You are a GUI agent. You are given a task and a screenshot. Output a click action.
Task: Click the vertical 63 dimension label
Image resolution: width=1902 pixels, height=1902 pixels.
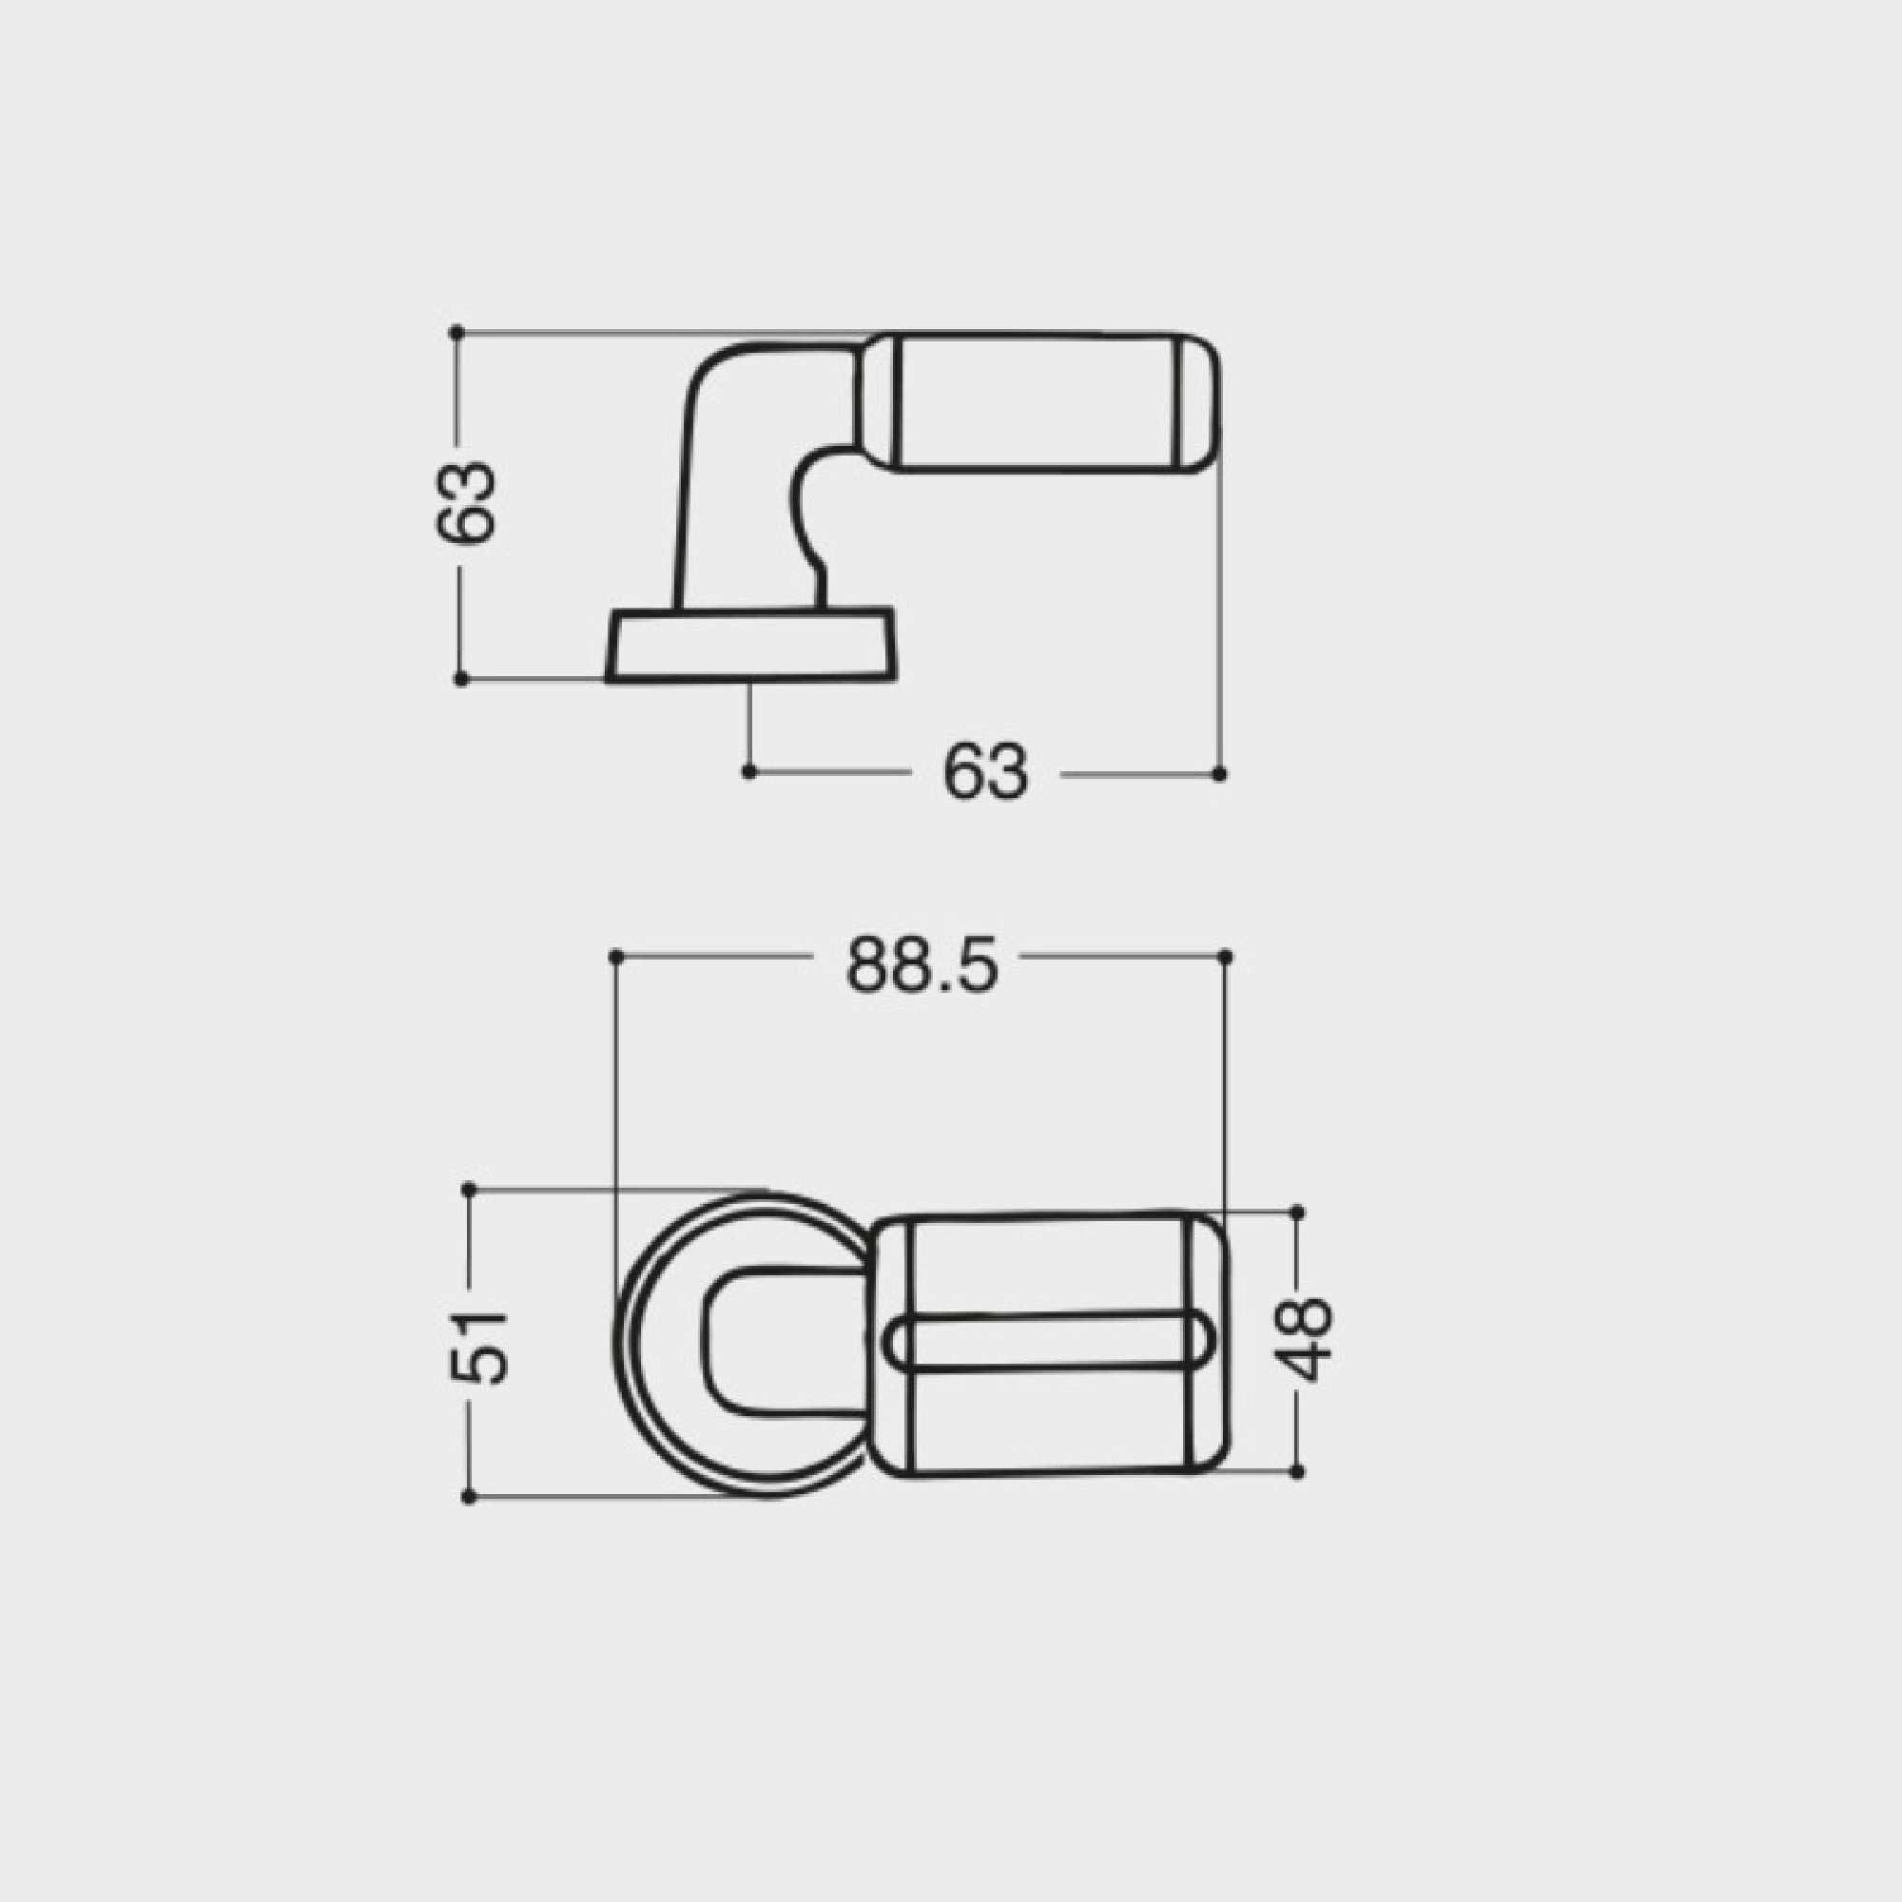466,501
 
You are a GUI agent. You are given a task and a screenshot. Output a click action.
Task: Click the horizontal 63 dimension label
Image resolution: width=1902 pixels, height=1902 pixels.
985,772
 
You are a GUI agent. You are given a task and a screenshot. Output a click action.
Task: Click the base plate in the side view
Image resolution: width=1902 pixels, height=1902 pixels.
750,645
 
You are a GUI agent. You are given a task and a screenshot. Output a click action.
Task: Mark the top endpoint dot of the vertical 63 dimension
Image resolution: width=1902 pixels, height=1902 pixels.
456,333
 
